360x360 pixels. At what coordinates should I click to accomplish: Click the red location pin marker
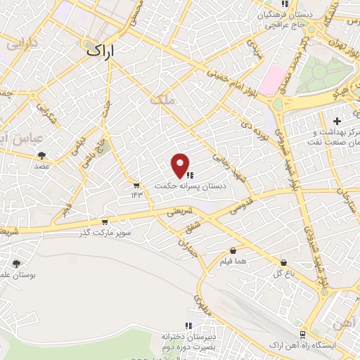click(181, 165)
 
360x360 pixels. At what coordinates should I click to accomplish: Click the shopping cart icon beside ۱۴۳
click(136, 186)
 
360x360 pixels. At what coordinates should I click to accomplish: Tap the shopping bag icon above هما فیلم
click(233, 250)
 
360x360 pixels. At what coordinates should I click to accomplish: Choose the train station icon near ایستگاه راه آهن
click(302, 335)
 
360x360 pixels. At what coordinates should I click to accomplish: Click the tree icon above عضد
click(42, 155)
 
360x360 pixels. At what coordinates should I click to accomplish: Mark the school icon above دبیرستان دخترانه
click(188, 326)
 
